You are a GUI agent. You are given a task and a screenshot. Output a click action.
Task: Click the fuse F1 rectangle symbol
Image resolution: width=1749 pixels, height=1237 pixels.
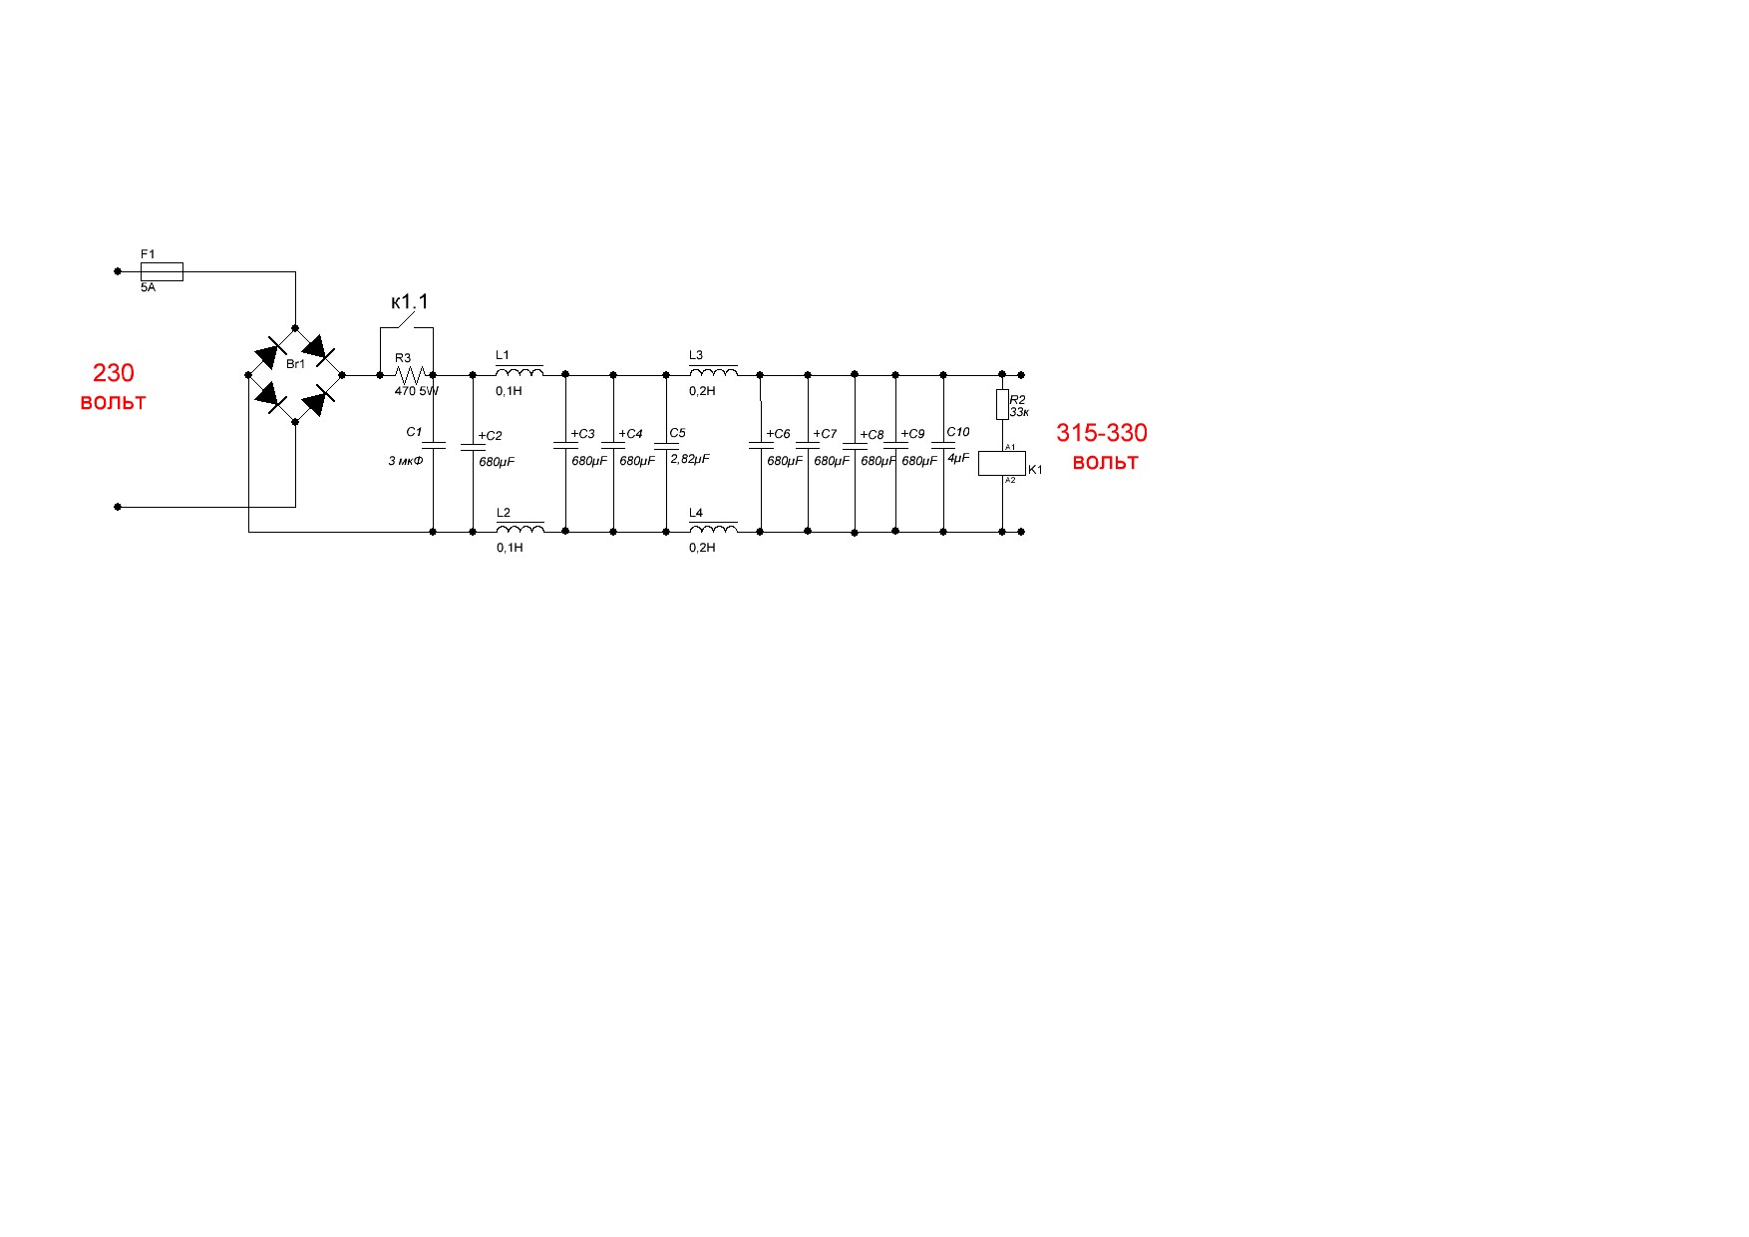pos(162,270)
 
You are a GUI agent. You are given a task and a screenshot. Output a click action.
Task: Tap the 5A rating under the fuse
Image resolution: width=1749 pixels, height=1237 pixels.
pos(148,287)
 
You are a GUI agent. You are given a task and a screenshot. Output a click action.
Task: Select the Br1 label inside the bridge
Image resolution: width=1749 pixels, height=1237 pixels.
pos(296,364)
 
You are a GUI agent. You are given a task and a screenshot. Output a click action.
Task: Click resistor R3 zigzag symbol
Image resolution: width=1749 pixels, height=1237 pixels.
pos(412,375)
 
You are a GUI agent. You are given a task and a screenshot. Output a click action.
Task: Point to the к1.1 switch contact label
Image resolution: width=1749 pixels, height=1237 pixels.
pos(410,302)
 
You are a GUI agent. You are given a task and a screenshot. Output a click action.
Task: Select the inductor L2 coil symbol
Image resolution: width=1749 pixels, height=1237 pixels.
pos(520,528)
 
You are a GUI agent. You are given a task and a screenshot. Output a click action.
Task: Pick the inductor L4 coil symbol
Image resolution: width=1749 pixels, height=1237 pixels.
pos(713,528)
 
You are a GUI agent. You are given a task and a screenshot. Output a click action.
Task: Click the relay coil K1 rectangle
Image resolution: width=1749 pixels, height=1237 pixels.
pos(1001,463)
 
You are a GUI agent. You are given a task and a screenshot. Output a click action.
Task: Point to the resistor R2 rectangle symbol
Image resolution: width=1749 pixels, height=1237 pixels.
pos(1002,404)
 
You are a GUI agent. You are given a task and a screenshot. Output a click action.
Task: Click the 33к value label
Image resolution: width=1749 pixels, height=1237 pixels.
pos(1019,412)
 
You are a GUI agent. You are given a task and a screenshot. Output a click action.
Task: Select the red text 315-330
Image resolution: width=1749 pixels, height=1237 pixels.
pos(1102,433)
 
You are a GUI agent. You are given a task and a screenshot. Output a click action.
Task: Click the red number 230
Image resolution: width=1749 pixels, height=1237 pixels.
pos(114,373)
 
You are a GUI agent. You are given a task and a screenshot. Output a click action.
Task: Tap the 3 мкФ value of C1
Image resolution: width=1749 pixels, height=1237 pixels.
pos(406,461)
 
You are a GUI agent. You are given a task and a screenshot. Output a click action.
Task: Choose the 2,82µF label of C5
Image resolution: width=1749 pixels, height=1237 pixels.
pos(690,459)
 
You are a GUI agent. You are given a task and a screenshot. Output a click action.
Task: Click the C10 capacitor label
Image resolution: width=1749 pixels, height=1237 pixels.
pos(957,432)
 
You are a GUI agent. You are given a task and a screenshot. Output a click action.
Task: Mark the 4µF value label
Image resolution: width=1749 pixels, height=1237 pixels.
pos(957,458)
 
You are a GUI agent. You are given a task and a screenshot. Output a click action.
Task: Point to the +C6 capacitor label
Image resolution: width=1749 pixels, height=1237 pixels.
pos(778,434)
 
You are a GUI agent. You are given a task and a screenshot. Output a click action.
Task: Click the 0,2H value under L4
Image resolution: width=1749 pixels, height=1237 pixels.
pos(702,548)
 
